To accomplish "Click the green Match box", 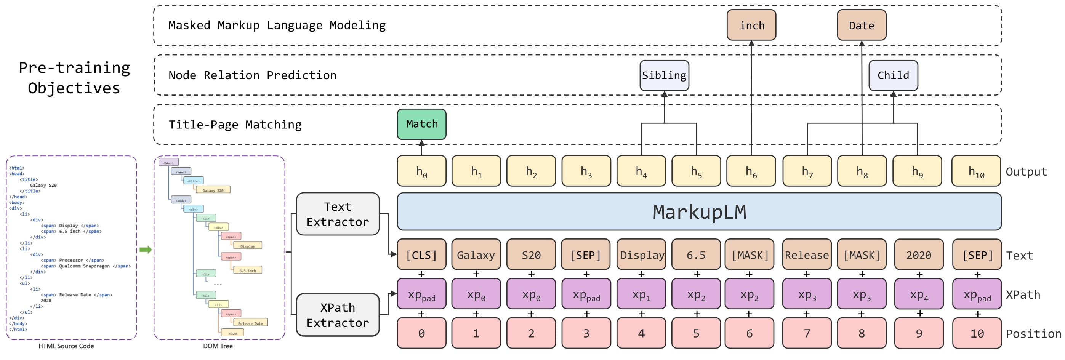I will tap(421, 124).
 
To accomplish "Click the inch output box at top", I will tap(751, 25).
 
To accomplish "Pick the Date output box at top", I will tap(861, 25).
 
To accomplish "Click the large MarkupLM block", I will tap(699, 211).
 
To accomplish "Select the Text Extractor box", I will tap(337, 214).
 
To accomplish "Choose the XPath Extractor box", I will tap(337, 315).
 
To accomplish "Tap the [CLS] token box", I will tap(421, 255).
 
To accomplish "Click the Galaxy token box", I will tap(476, 255).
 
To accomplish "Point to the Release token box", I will tap(807, 255).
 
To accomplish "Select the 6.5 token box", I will tap(696, 255).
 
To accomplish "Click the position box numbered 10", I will tap(977, 333).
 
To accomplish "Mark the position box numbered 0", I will tap(421, 333).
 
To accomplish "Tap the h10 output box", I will tap(976, 171).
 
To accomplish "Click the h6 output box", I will tap(751, 171).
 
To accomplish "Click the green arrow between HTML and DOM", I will tap(145, 250).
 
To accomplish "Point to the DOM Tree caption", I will tap(218, 346).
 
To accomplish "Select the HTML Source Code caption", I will tap(66, 346).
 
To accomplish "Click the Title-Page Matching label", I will tap(235, 125).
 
